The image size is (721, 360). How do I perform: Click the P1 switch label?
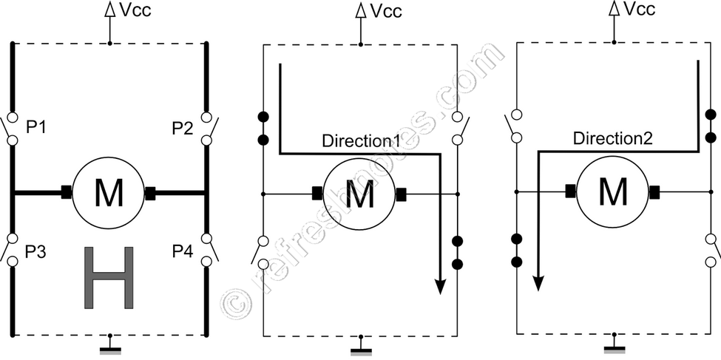[37, 127]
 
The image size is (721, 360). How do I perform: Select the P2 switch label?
[181, 127]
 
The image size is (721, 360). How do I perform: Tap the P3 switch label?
[37, 252]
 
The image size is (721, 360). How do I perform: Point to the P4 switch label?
[181, 252]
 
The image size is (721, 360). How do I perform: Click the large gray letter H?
[109, 277]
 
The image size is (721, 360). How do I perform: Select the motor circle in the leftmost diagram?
[109, 194]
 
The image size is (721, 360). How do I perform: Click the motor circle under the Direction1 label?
[360, 194]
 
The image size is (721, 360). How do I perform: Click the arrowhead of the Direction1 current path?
[440, 286]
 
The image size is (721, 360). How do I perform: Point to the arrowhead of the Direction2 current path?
[539, 284]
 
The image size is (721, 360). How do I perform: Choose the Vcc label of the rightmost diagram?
[638, 10]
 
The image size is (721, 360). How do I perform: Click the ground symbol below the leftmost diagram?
[110, 347]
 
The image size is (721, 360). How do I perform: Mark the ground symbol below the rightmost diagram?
[614, 347]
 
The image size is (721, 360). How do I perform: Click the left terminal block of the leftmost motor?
[67, 194]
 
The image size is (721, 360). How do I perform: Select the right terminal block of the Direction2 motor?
[654, 192]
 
